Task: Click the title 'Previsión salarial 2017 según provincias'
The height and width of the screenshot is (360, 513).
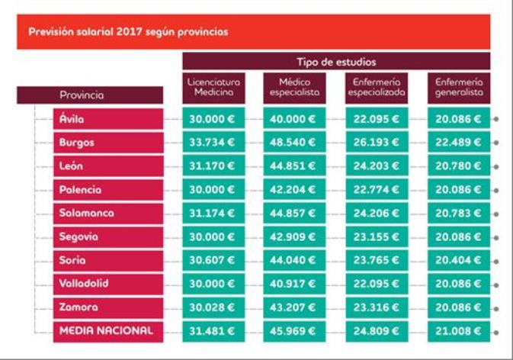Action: (x=128, y=33)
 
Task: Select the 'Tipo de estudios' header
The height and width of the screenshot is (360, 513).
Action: (x=336, y=61)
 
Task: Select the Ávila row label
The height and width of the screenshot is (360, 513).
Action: (x=72, y=119)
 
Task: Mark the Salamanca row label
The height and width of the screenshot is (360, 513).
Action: (x=86, y=214)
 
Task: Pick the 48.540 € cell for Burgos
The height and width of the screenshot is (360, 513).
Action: (x=294, y=143)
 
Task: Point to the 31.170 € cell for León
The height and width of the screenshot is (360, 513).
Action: (x=213, y=166)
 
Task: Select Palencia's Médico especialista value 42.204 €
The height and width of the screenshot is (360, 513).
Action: (x=294, y=190)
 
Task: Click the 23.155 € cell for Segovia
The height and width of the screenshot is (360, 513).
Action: (x=376, y=237)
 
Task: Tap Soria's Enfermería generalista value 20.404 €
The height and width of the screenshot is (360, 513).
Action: (x=457, y=260)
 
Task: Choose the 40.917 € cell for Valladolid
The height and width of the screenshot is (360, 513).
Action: (x=294, y=284)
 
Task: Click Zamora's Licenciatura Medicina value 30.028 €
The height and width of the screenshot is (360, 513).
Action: (x=213, y=307)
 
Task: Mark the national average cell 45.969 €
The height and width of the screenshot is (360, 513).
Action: (x=294, y=331)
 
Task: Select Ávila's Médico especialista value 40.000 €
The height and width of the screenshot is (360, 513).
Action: (x=294, y=119)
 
